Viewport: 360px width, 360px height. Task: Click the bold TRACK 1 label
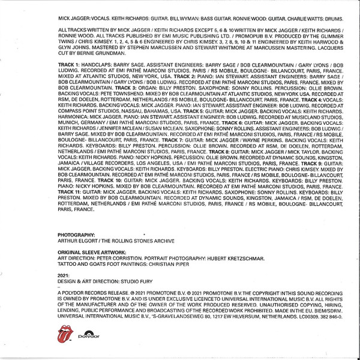click(68, 80)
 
